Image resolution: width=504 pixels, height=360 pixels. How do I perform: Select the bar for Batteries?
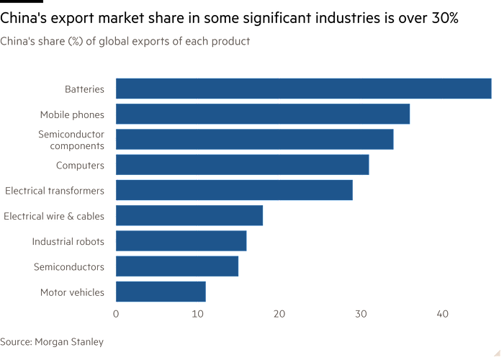click(303, 89)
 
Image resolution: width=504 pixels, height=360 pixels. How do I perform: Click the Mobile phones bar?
click(263, 114)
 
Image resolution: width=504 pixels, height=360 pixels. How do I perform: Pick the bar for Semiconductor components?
click(254, 139)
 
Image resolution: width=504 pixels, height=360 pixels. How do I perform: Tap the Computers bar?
click(242, 165)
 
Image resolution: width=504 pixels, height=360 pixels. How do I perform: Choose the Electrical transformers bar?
click(235, 190)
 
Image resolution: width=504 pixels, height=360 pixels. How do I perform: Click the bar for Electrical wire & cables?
click(189, 215)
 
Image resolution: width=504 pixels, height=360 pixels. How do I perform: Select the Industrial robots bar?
click(181, 240)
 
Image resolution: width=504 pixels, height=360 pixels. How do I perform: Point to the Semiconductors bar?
click(177, 266)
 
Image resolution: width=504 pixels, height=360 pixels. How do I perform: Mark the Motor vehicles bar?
click(161, 292)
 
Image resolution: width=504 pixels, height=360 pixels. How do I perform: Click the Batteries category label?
click(84, 89)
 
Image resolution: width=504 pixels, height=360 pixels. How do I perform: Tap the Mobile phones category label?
click(72, 114)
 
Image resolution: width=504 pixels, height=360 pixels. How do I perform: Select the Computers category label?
click(81, 166)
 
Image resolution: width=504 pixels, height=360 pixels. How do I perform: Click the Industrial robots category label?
click(68, 241)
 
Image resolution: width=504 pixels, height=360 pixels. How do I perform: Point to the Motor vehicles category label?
click(72, 292)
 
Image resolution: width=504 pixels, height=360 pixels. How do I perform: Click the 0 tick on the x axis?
click(115, 314)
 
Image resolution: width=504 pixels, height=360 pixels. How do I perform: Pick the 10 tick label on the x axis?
click(197, 314)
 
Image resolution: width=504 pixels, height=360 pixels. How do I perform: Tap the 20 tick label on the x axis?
click(279, 314)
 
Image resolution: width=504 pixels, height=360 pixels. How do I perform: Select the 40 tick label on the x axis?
click(443, 314)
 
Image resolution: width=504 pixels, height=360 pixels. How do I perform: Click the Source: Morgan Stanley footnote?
click(52, 341)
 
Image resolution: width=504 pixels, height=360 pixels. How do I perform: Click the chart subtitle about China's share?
click(125, 42)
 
